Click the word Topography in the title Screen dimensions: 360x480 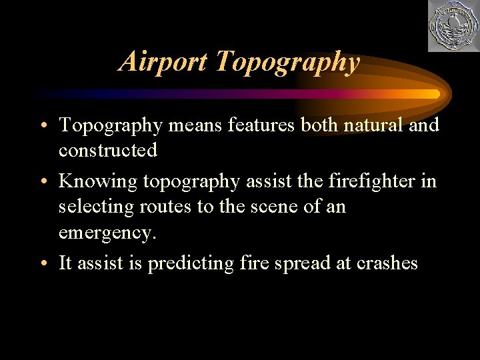[x=288, y=62]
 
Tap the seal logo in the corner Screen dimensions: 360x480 [x=453, y=25]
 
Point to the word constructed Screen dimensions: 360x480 [x=108, y=150]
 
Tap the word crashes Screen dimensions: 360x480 [x=386, y=263]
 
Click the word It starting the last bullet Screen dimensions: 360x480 [x=65, y=263]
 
